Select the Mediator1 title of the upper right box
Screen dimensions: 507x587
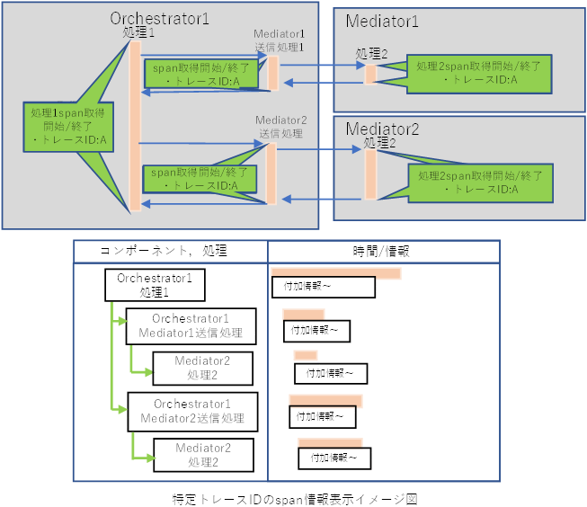tap(382, 20)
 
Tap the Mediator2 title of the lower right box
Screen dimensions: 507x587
tap(383, 128)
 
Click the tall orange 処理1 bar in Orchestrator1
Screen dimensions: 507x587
tap(135, 126)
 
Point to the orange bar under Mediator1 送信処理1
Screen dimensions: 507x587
tap(272, 73)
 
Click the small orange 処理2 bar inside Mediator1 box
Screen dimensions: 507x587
tap(369, 74)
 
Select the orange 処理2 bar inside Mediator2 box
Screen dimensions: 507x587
tap(369, 173)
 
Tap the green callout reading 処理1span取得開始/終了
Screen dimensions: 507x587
tap(67, 125)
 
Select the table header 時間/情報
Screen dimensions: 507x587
tap(382, 251)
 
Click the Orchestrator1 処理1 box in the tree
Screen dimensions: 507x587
tap(154, 286)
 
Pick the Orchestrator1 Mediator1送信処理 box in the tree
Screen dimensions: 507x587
tap(191, 325)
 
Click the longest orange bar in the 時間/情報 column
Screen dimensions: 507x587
tap(335, 272)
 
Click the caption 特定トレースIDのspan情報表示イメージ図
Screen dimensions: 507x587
tap(295, 497)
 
